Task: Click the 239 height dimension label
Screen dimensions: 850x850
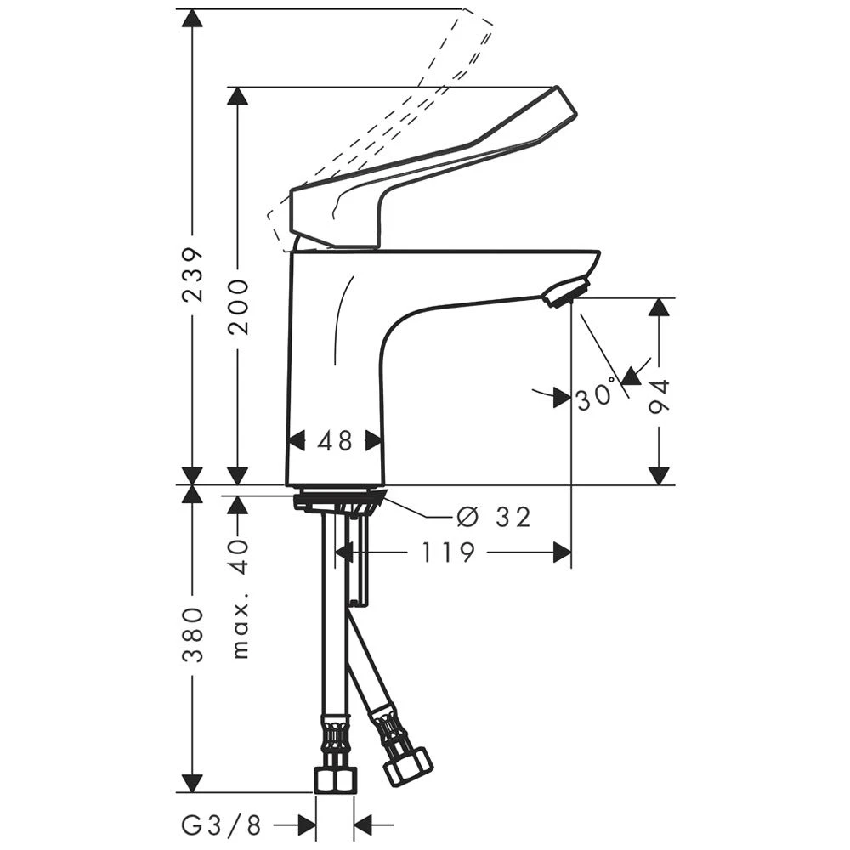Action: coord(193,275)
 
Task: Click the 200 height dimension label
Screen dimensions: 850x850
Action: coord(238,306)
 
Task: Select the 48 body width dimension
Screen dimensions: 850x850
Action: coord(335,440)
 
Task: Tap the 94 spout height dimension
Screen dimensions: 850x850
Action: coord(660,396)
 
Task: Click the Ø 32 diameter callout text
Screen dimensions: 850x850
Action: coord(493,516)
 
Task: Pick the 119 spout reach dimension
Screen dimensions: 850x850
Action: coord(448,552)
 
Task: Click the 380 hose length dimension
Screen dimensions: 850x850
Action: coord(193,634)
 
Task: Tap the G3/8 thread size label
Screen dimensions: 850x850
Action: coord(224,824)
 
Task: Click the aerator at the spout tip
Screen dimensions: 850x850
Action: coord(565,292)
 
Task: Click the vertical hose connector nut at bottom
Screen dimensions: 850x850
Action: coord(337,778)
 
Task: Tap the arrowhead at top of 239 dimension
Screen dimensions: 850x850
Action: coord(193,19)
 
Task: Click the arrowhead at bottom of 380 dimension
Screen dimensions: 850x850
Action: coord(193,782)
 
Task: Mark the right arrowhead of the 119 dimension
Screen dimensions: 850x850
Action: coord(561,552)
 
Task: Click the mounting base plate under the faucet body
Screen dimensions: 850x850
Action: coord(338,500)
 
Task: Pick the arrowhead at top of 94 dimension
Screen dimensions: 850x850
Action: coord(660,308)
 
